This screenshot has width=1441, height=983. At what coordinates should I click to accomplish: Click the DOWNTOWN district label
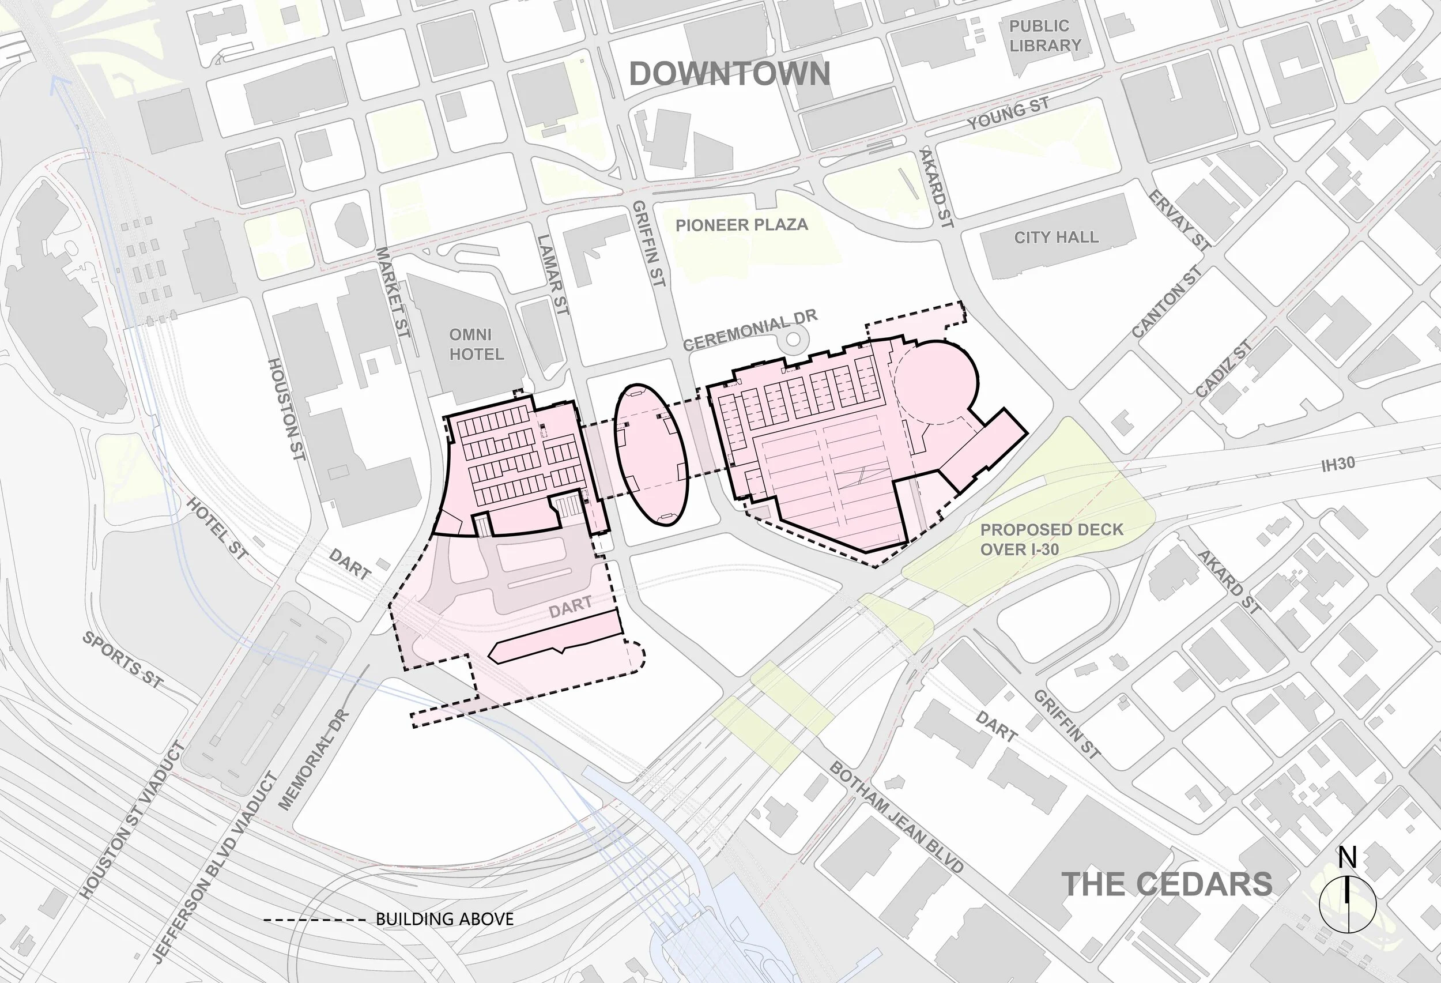coord(729,74)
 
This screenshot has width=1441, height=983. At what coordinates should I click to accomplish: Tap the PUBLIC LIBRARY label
coord(1044,36)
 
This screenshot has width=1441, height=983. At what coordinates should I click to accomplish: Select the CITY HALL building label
coord(1056,237)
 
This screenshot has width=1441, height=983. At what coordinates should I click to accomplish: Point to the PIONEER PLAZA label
coord(742,224)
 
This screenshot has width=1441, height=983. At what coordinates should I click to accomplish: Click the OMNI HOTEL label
coord(476,344)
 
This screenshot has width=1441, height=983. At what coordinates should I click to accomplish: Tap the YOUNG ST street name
coord(1008,114)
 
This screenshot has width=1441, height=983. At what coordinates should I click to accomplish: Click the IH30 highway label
coord(1337,465)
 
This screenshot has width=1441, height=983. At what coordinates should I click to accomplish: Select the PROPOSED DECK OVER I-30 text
coord(1051,539)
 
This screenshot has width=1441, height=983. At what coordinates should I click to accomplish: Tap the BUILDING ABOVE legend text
coord(444,918)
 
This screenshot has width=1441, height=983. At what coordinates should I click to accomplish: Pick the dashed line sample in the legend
coord(314,919)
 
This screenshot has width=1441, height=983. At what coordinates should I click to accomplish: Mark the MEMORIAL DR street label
coord(314,760)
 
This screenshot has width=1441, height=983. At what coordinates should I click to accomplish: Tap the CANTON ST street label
coord(1167,303)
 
